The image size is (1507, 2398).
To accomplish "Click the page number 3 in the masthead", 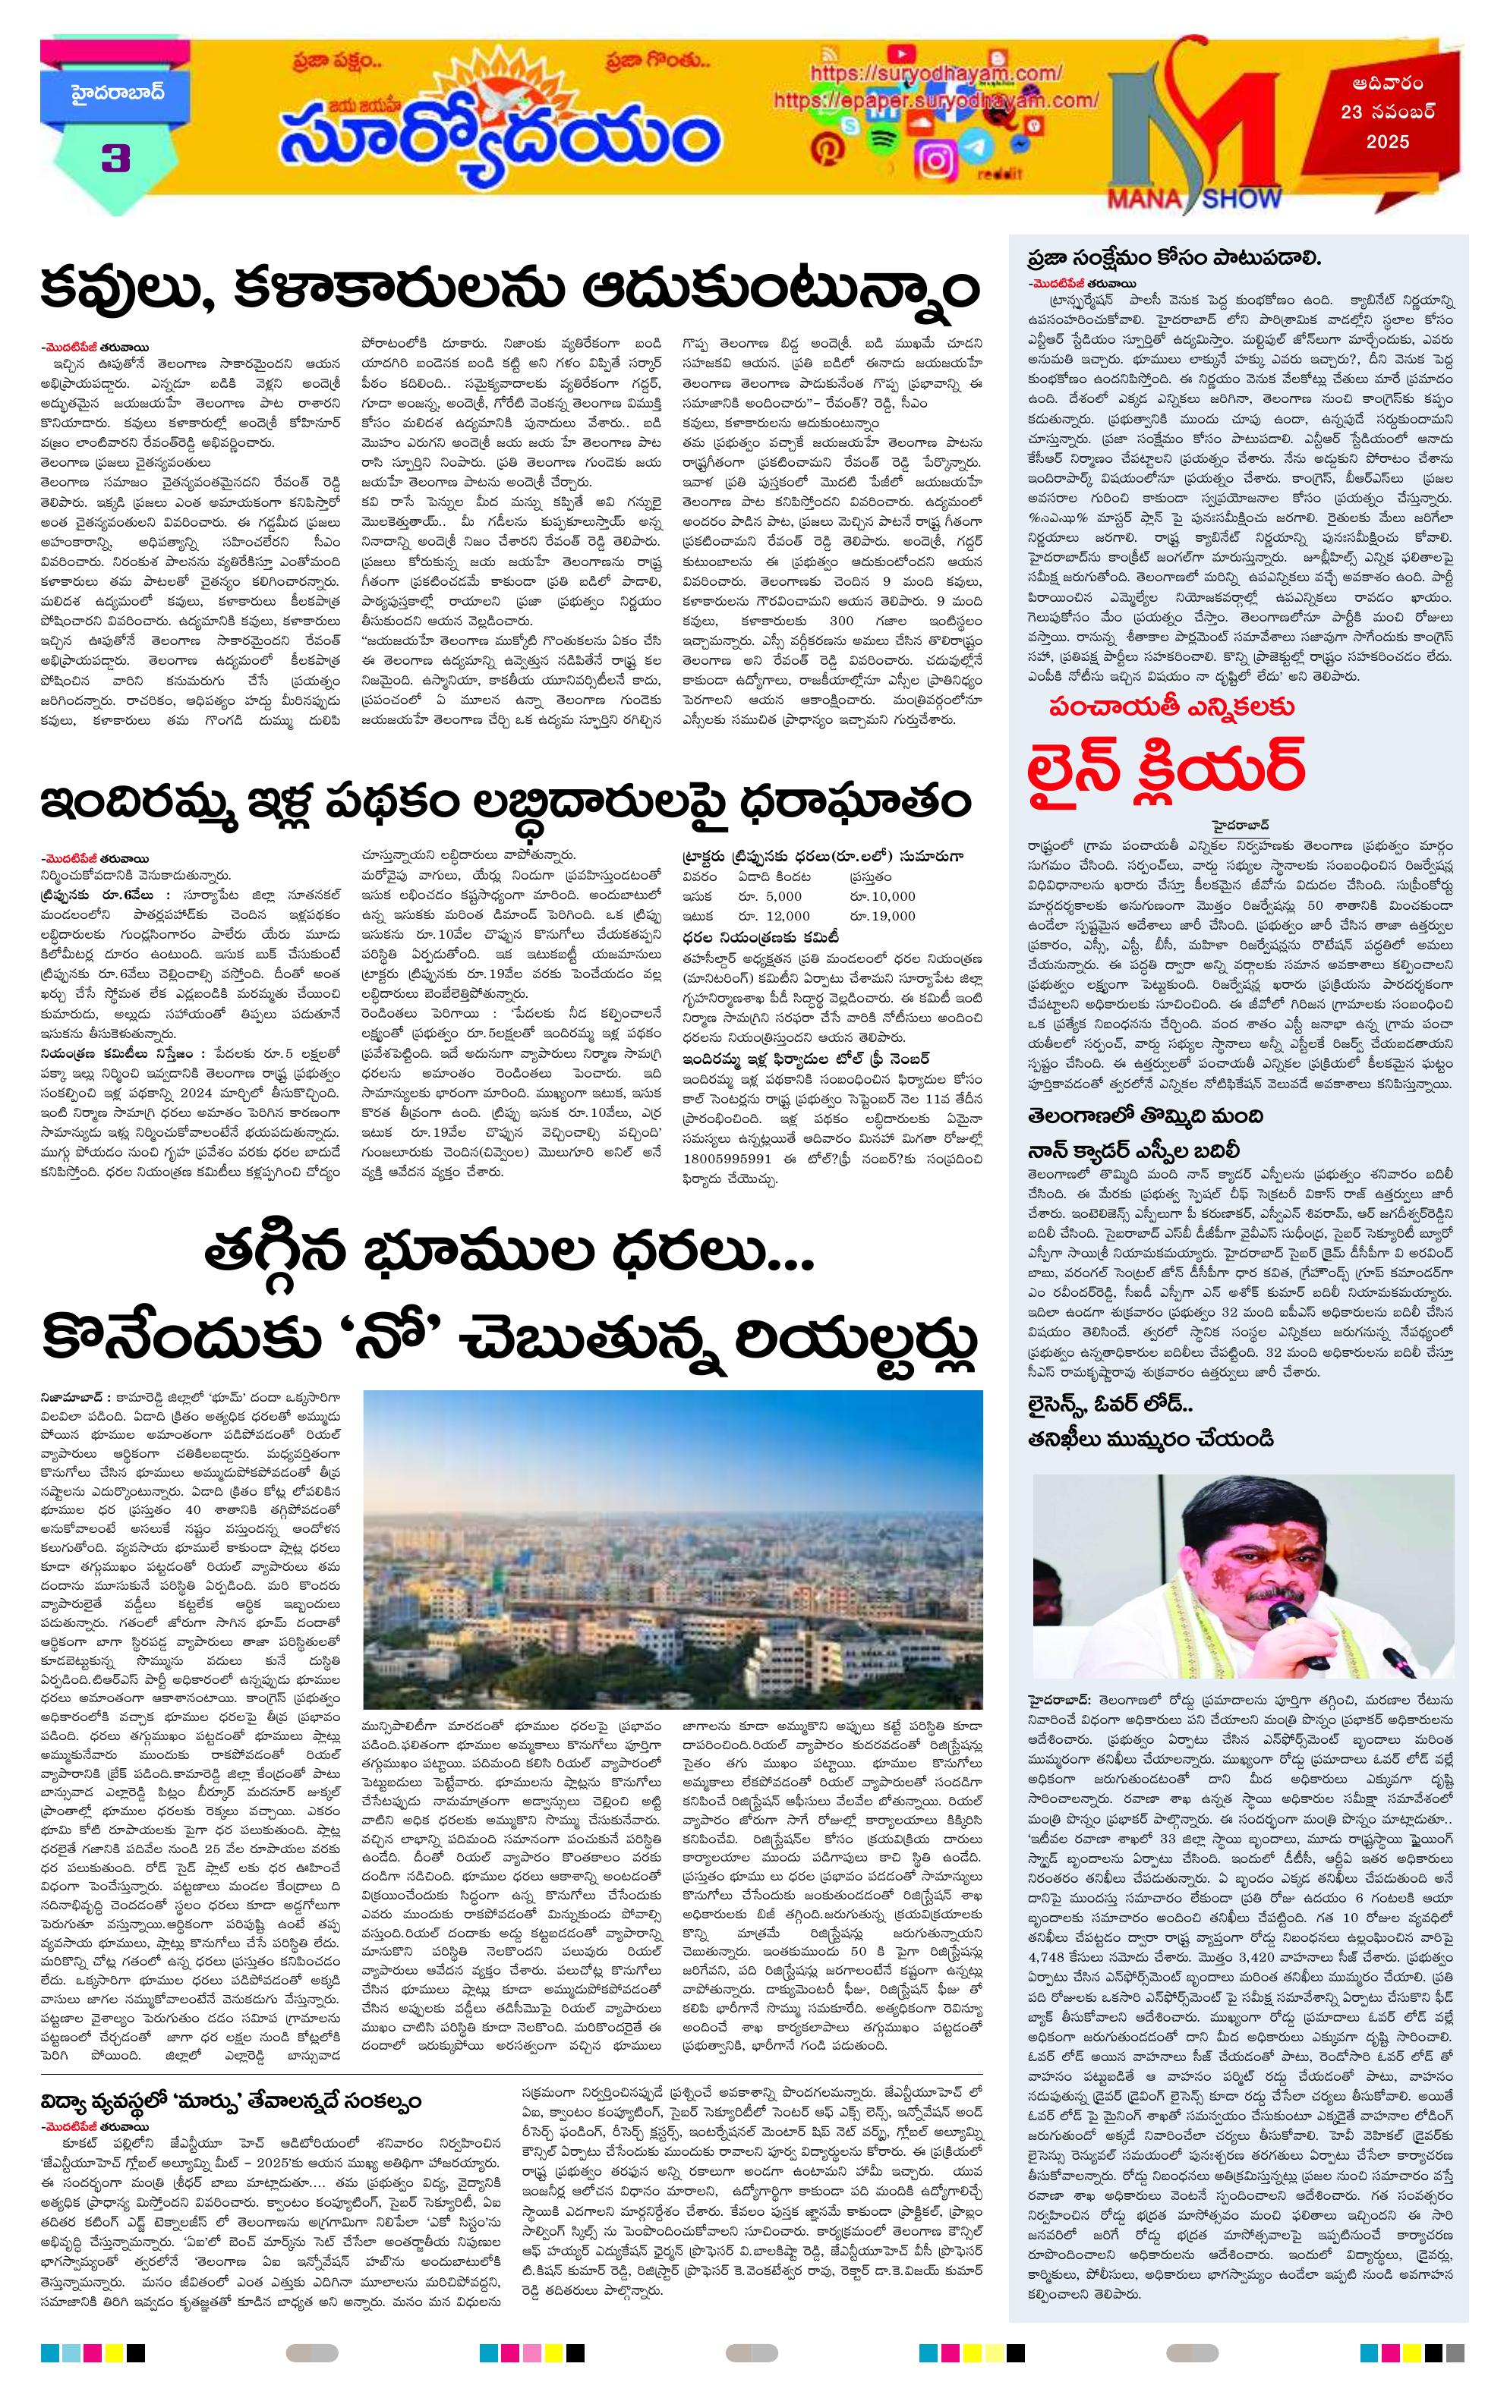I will click(x=115, y=159).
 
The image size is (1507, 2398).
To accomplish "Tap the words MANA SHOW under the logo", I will click(x=1213, y=197).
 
